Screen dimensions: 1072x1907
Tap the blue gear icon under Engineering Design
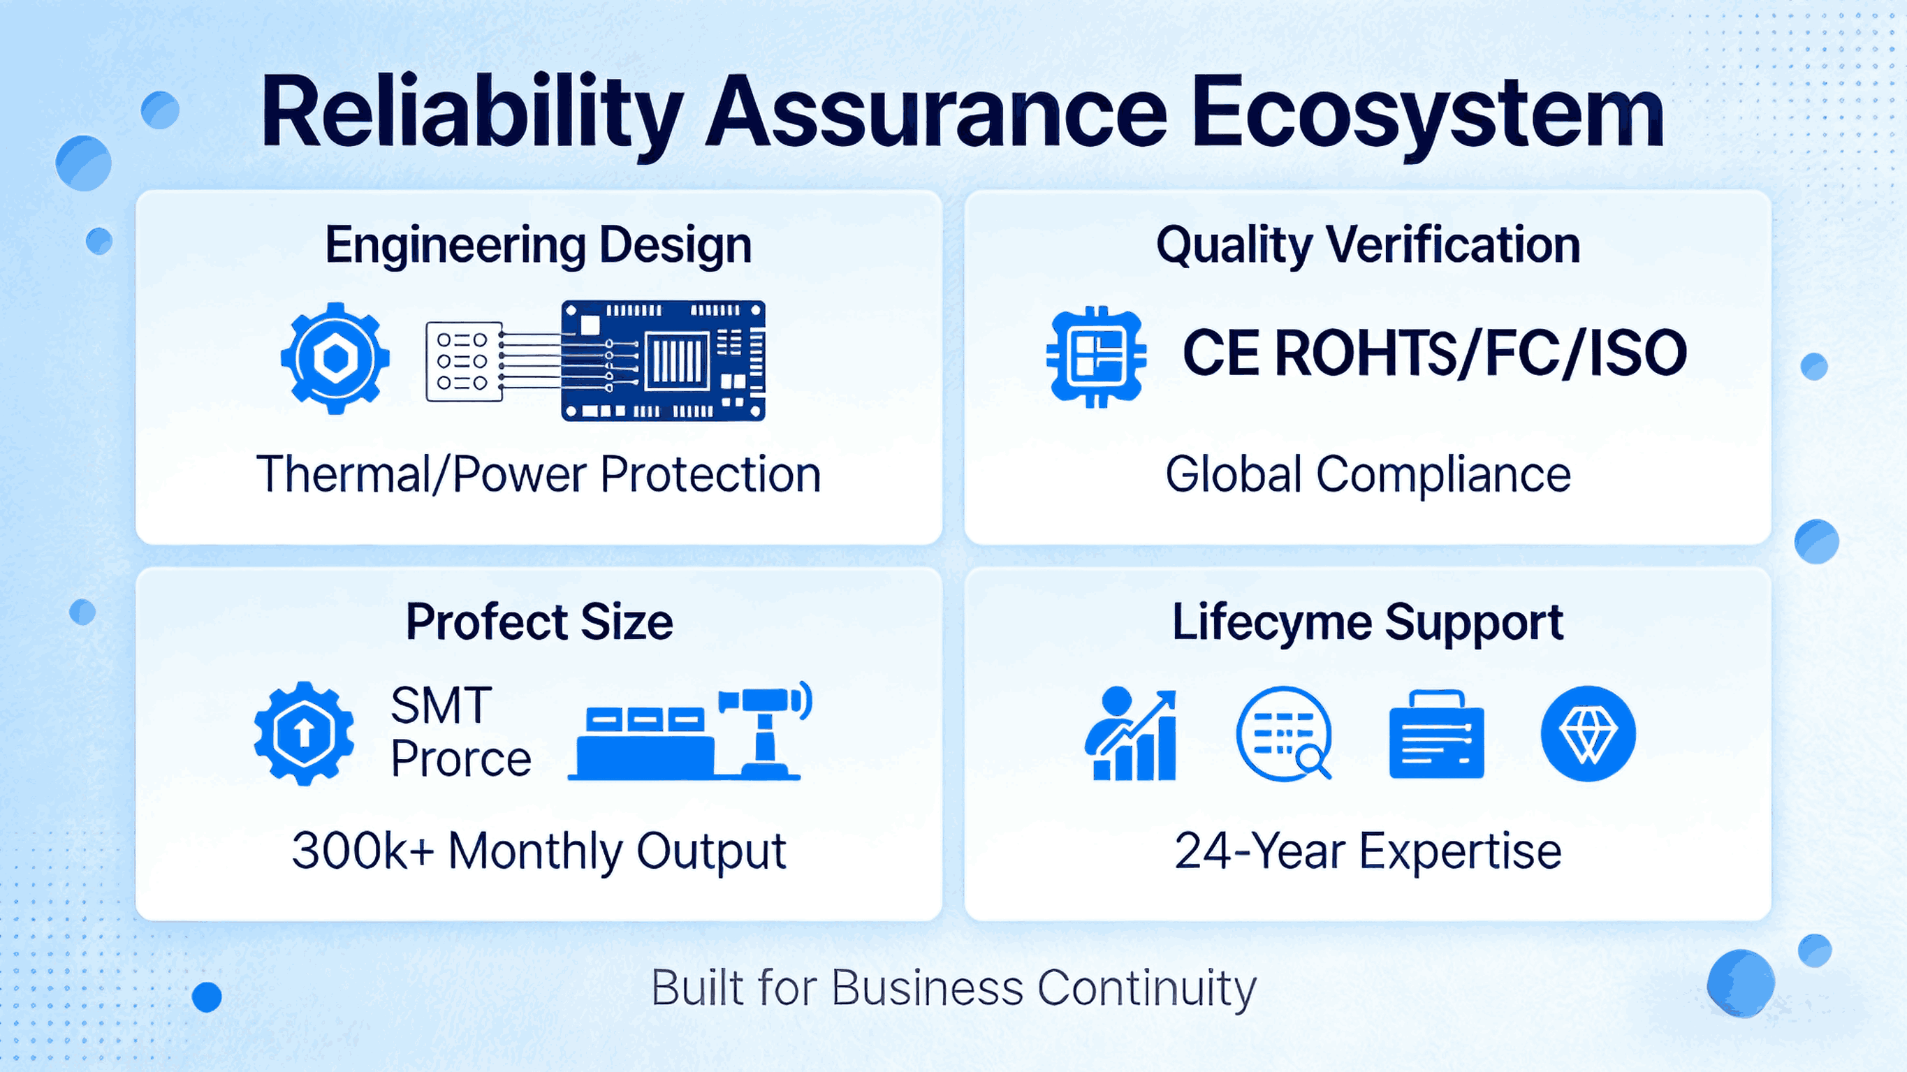click(335, 358)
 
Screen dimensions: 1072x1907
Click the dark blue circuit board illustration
click(663, 360)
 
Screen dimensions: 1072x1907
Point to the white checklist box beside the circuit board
click(463, 361)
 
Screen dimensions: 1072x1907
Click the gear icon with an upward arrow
click(304, 733)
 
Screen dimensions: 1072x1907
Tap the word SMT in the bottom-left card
click(441, 705)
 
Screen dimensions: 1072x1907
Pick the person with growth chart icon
click(1130, 734)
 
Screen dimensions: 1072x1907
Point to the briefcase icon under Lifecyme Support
click(1436, 735)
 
